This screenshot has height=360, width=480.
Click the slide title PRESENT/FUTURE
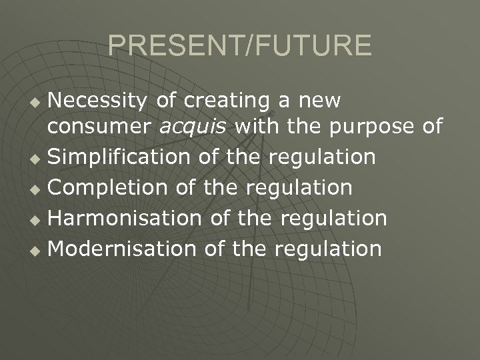coord(240,45)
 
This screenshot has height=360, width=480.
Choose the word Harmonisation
coord(125,218)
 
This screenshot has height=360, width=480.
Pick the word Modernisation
coord(123,249)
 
